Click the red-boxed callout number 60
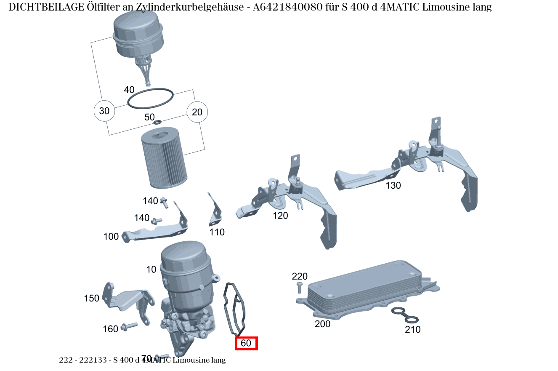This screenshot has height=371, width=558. (x=246, y=343)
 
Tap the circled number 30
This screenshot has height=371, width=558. (x=104, y=111)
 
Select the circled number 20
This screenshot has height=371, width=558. (x=197, y=112)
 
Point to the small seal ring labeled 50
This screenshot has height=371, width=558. (x=157, y=122)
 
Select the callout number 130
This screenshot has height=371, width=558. (x=393, y=185)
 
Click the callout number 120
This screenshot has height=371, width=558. (x=280, y=216)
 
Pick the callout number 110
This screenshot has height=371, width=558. (x=217, y=232)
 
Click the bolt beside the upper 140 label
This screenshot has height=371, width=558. (x=164, y=203)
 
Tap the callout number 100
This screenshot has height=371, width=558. (x=111, y=237)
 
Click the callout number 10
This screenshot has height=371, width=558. (x=151, y=270)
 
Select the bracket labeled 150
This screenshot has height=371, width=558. (x=126, y=297)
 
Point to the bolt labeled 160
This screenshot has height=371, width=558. (x=129, y=326)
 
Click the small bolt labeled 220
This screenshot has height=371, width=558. (x=299, y=288)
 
